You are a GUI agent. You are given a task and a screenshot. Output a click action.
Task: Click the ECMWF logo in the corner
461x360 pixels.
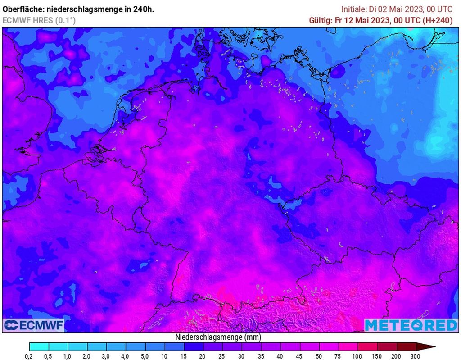[x=34, y=325]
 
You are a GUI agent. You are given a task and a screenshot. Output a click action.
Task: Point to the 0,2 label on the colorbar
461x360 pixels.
[x=29, y=355]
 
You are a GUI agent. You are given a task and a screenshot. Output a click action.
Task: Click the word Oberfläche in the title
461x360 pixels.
[x=24, y=9]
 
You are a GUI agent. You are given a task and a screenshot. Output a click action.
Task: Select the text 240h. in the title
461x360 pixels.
[x=143, y=9]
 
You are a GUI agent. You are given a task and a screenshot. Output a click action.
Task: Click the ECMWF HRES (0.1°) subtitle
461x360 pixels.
[x=39, y=20]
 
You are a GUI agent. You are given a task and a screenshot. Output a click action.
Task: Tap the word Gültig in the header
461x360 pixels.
[x=320, y=20]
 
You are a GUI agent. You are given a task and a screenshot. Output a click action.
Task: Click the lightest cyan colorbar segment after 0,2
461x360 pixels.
[x=39, y=346]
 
